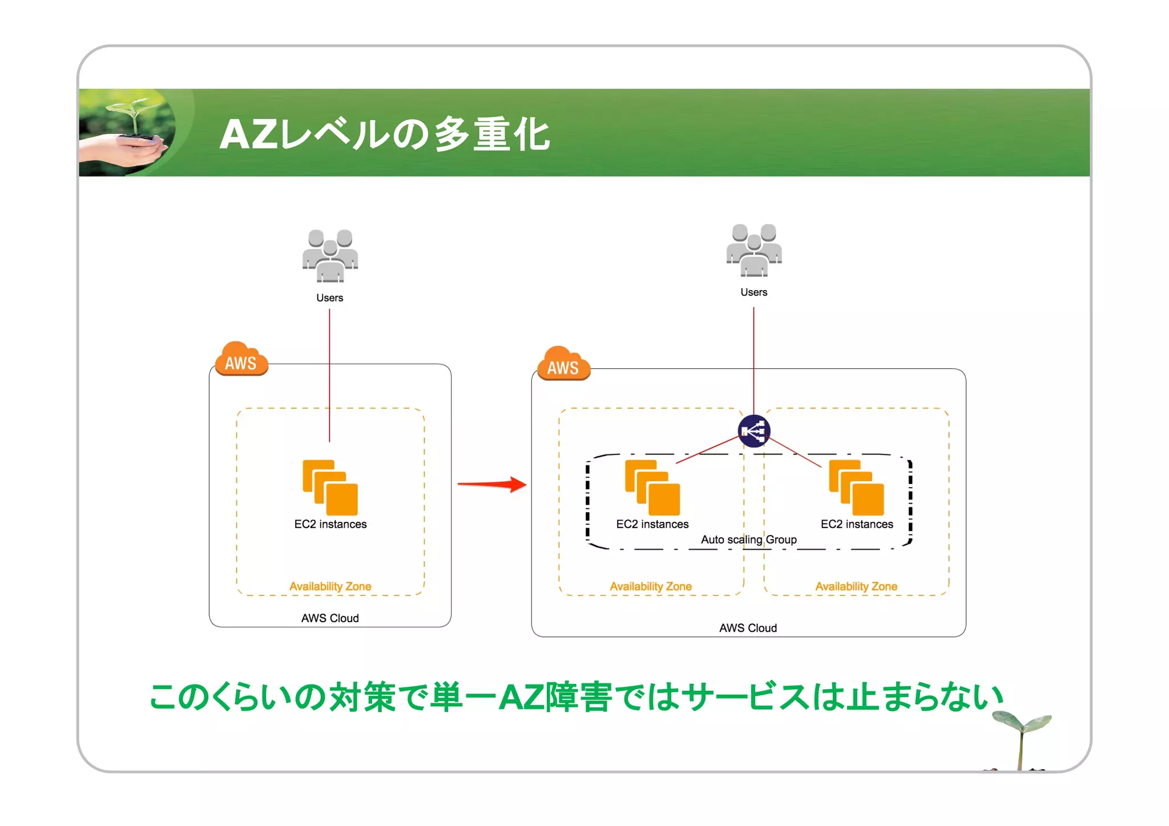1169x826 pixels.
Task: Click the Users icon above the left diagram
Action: (330, 256)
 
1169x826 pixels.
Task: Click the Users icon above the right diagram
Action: (754, 250)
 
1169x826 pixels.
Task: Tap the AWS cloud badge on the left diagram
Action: (241, 360)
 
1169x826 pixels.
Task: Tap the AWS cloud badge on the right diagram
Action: (563, 364)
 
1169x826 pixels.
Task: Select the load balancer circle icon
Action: (754, 431)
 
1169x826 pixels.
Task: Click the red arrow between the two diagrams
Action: (492, 485)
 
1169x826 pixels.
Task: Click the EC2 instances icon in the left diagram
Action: (330, 487)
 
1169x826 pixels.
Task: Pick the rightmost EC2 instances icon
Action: (856, 487)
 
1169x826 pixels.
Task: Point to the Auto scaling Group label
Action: (748, 539)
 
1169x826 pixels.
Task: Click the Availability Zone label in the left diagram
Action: (330, 586)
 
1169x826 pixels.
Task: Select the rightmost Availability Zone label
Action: (856, 586)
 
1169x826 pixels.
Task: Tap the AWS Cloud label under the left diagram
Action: (330, 618)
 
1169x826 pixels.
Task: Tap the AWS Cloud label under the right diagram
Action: (748, 628)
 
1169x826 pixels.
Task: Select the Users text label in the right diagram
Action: (753, 292)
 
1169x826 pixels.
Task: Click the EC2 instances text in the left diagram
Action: (330, 524)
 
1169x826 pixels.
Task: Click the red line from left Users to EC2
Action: (329, 377)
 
